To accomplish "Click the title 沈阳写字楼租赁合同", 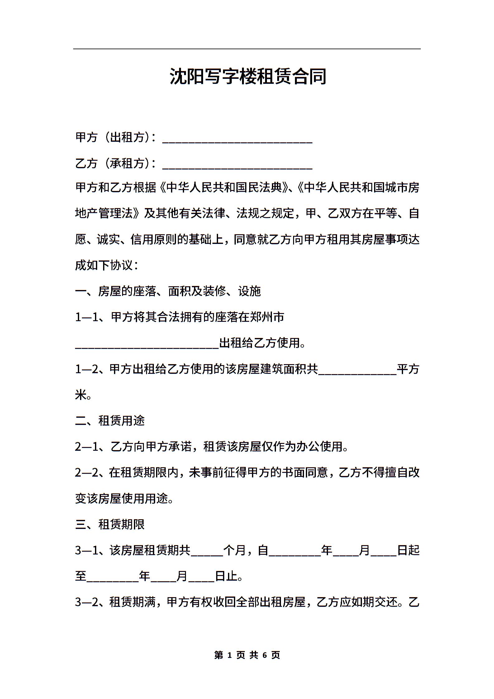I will [248, 76].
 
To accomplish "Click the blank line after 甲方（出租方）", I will [237, 139].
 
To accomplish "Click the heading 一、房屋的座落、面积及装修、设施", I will [168, 291].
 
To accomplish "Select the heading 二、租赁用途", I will [110, 421].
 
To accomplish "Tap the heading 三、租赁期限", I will [110, 525].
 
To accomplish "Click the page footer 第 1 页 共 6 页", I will [247, 655].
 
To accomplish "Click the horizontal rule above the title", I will [247, 49].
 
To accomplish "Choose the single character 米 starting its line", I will [81, 395].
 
